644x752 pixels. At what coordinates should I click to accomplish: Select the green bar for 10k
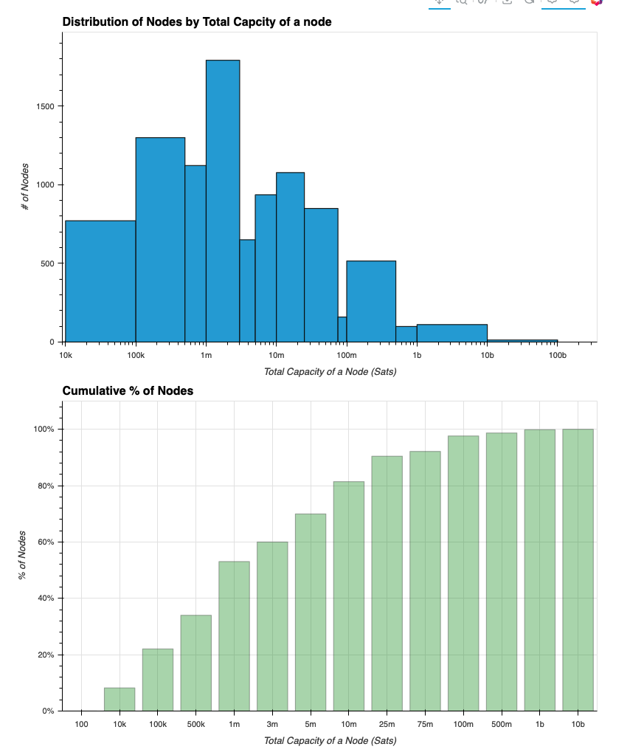[x=120, y=699]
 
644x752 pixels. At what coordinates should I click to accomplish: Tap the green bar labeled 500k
[x=196, y=663]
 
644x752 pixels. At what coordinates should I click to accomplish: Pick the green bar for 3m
[x=272, y=626]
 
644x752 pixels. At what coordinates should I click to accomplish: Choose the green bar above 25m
[x=387, y=583]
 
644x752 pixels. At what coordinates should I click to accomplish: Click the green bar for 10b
[x=578, y=570]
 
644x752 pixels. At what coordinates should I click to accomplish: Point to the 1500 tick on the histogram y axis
[x=46, y=106]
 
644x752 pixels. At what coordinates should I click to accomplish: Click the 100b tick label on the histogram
[x=557, y=356]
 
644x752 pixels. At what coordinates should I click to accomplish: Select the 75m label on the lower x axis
[x=425, y=725]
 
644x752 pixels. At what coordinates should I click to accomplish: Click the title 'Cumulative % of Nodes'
[x=128, y=390]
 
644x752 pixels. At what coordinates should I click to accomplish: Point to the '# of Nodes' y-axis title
[x=26, y=187]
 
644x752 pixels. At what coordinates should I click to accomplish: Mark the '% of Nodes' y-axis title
[x=23, y=555]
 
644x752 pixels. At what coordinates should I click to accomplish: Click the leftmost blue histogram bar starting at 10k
[x=100, y=281]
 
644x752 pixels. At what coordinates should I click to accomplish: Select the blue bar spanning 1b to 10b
[x=451, y=333]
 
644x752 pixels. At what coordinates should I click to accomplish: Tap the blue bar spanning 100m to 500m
[x=371, y=301]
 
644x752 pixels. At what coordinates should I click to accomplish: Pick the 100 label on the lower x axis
[x=81, y=725]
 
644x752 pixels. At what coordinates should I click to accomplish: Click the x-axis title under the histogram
[x=330, y=371]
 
